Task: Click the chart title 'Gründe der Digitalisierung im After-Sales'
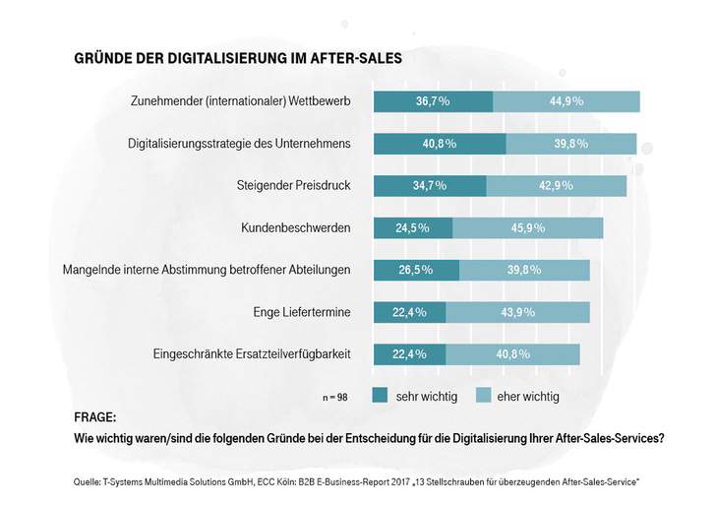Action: [x=237, y=59]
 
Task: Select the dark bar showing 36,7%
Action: [x=433, y=101]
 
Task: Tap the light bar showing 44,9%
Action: [x=567, y=101]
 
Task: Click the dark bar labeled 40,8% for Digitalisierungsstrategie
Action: [x=439, y=144]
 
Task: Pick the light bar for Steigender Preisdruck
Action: [x=560, y=186]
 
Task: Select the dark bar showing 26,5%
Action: [x=416, y=271]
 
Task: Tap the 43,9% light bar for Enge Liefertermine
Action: [x=517, y=313]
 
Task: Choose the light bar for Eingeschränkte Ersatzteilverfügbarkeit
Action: [x=512, y=354]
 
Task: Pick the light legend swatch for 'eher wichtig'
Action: [x=484, y=396]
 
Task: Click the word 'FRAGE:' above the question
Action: [x=95, y=417]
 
